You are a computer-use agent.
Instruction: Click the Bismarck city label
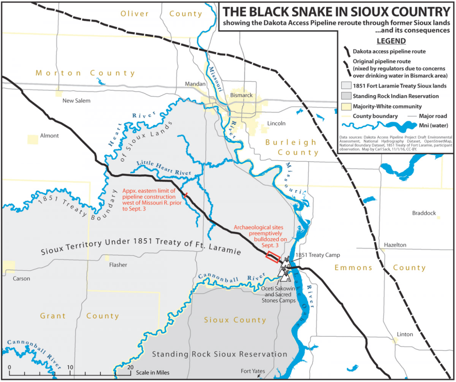tap(242, 95)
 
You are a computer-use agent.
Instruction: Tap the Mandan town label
tap(195, 84)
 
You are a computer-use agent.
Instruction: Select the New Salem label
tap(77, 101)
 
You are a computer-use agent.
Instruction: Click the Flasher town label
tap(118, 265)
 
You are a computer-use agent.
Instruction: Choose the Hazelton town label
tap(395, 245)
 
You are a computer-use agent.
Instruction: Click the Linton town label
tap(404, 334)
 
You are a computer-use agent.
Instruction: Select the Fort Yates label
tap(253, 371)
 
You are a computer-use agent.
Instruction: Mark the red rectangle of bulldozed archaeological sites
tap(273, 257)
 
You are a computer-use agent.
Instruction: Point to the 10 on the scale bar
tap(70, 367)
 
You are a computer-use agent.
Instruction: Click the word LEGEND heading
tap(391, 41)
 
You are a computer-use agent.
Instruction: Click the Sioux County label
tap(235, 320)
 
